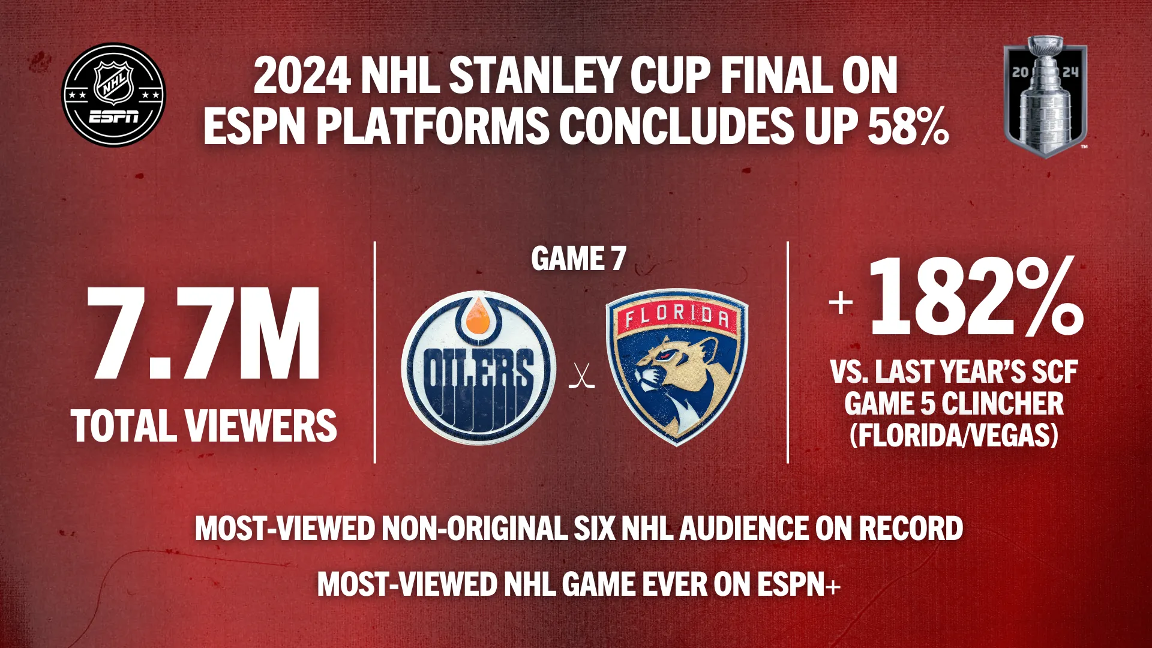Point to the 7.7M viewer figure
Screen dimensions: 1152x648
204,334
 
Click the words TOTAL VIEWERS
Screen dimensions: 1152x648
204,425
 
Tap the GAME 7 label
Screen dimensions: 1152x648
578,259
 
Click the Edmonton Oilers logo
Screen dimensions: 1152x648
478,368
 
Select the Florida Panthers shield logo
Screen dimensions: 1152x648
677,367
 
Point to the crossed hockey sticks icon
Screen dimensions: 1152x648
581,376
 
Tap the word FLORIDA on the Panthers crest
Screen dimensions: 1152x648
677,316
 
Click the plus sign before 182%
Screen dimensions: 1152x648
841,302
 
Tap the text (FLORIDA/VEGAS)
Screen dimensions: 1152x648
954,435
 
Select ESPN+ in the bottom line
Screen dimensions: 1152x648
799,584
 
